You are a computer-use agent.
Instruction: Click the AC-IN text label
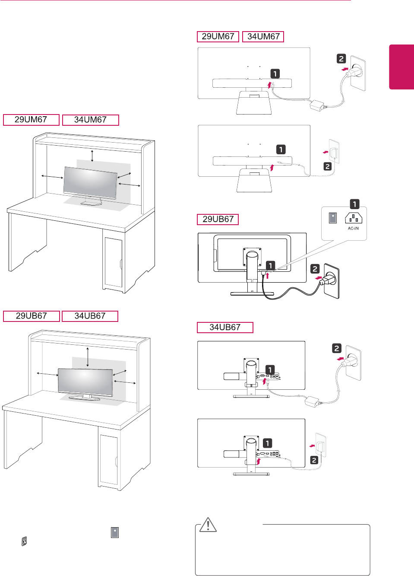(x=353, y=229)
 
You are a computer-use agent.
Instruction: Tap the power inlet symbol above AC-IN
(x=353, y=218)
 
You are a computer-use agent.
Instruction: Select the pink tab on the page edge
(x=401, y=67)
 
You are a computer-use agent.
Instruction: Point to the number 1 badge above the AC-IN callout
(x=354, y=204)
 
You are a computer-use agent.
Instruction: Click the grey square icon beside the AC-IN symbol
(x=333, y=218)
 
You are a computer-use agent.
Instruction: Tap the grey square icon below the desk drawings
(x=115, y=532)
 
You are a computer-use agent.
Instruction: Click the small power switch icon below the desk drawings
(x=25, y=541)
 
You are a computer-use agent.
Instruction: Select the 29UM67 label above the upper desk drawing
(x=31, y=120)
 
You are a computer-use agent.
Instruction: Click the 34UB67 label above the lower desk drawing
(x=90, y=316)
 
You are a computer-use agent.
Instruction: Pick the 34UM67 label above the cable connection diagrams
(x=263, y=37)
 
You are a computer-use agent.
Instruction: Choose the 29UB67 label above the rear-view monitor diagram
(x=218, y=219)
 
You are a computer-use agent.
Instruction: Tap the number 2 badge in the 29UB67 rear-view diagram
(x=315, y=269)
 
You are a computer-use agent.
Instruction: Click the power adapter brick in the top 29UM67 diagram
(x=317, y=105)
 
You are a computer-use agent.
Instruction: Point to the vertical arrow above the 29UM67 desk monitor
(x=92, y=156)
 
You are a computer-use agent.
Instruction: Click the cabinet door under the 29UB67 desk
(x=109, y=459)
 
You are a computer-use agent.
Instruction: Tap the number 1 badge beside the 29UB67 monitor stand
(x=270, y=265)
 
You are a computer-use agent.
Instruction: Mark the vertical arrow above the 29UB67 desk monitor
(x=88, y=356)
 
